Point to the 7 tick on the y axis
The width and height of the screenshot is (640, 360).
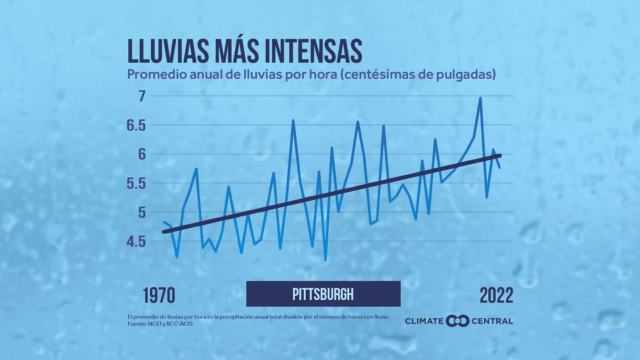(x=142, y=96)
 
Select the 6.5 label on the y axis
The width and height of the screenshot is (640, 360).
(x=136, y=126)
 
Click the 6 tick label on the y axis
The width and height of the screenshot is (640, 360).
(x=142, y=154)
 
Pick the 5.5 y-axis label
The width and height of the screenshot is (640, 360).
(x=136, y=183)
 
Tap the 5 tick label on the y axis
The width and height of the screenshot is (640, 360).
(x=142, y=212)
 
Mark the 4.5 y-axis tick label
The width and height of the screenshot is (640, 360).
(x=136, y=242)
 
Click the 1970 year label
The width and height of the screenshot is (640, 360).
(x=159, y=296)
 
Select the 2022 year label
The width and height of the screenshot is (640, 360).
(x=496, y=296)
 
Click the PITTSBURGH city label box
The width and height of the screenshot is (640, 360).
(x=323, y=294)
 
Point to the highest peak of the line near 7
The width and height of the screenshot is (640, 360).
(x=480, y=98)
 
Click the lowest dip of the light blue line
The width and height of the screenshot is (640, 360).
(x=325, y=260)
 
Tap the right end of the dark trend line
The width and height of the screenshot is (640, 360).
(x=500, y=156)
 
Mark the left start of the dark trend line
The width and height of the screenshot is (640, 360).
(x=164, y=232)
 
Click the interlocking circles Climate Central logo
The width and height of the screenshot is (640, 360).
(x=457, y=321)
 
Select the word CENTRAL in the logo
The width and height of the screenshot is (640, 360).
(x=492, y=321)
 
